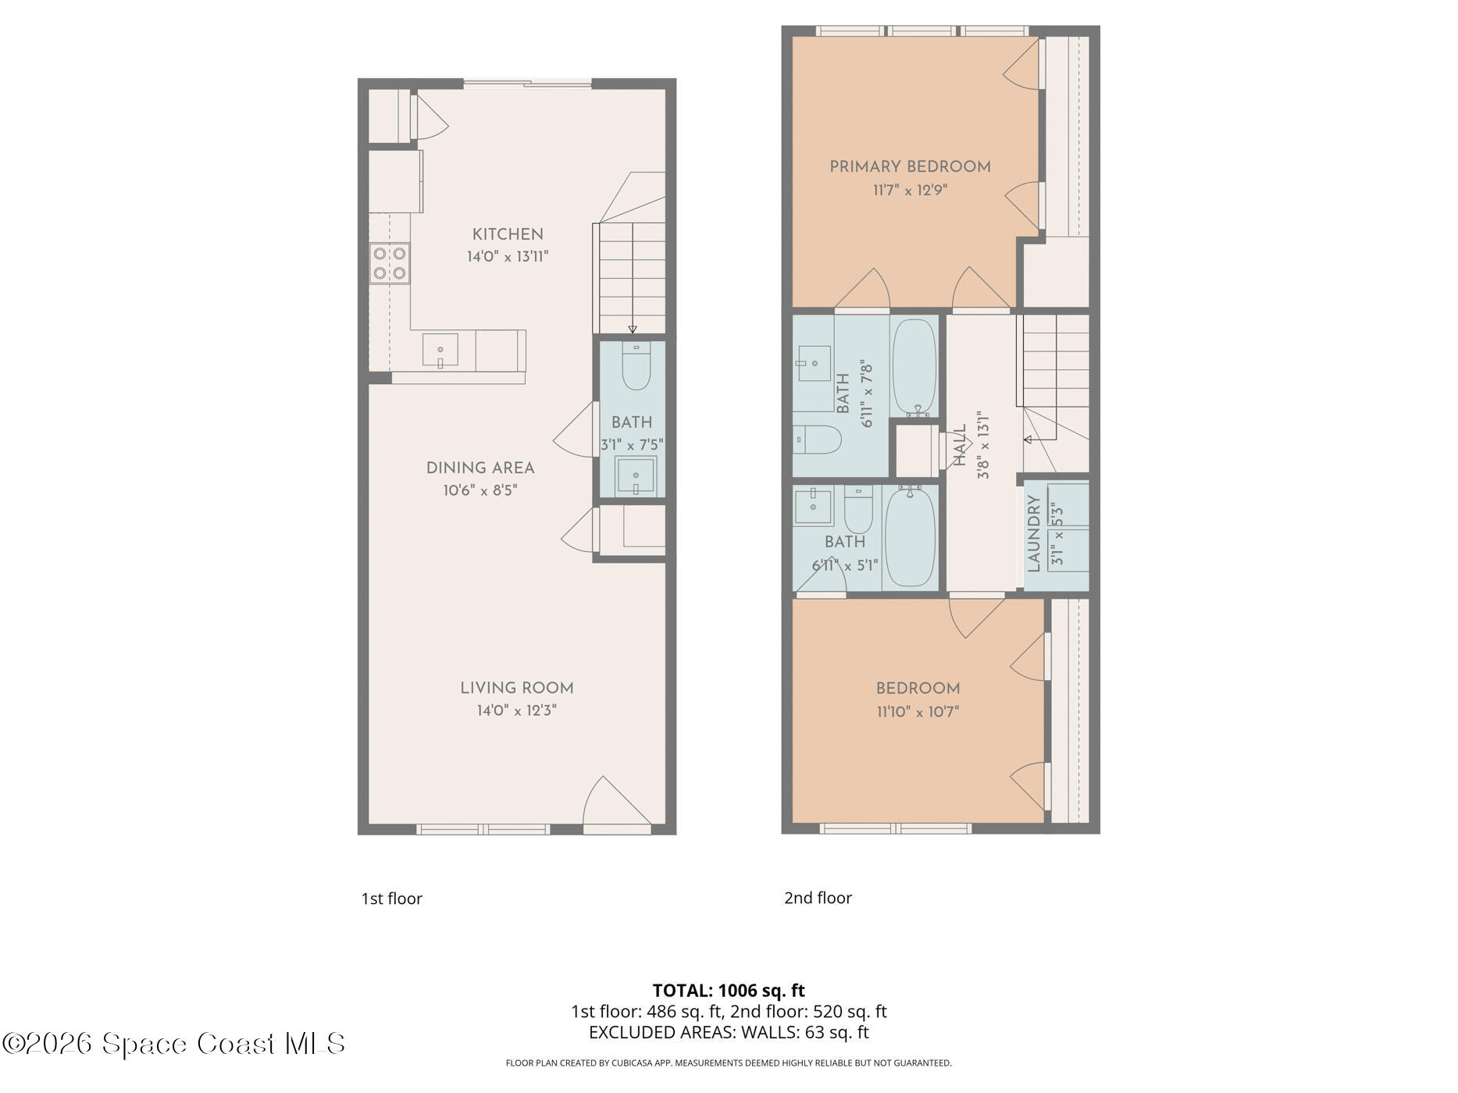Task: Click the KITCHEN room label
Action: coord(508,234)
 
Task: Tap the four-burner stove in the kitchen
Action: coord(390,263)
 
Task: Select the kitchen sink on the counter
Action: coord(440,350)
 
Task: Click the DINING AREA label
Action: coord(480,468)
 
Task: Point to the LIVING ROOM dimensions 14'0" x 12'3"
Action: coord(516,711)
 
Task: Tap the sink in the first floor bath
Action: coord(636,475)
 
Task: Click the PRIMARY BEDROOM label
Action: coord(910,167)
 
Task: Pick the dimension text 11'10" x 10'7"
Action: coord(918,712)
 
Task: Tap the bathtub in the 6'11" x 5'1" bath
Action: coord(910,536)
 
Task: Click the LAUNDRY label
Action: coord(1034,534)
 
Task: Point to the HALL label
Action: coord(961,445)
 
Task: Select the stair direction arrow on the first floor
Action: coord(633,329)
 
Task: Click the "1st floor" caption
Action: coord(391,899)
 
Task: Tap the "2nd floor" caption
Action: coord(818,898)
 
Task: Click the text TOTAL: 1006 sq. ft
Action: coord(729,991)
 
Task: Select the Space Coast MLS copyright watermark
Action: coord(173,1044)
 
